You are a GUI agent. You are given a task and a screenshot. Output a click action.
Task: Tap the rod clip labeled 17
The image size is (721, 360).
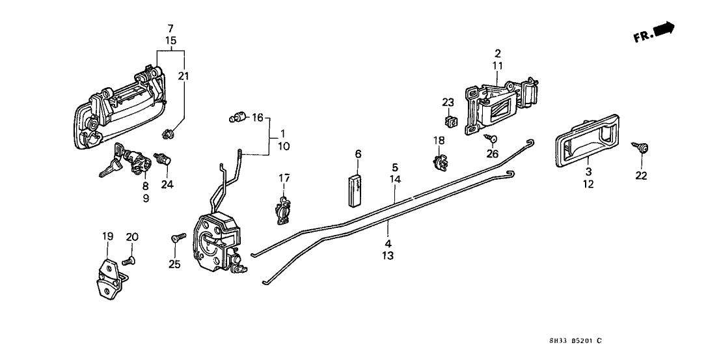pyautogui.click(x=282, y=210)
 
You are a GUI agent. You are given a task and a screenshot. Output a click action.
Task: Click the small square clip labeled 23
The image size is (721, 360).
pyautogui.click(x=447, y=120)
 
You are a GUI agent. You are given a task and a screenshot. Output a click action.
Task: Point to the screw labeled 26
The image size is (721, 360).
pyautogui.click(x=491, y=137)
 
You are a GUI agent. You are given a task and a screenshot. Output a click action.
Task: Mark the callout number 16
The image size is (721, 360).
pyautogui.click(x=257, y=118)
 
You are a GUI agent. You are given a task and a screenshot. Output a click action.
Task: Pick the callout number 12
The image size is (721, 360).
pyautogui.click(x=588, y=185)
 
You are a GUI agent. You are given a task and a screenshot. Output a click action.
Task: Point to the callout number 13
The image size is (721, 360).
pyautogui.click(x=388, y=256)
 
